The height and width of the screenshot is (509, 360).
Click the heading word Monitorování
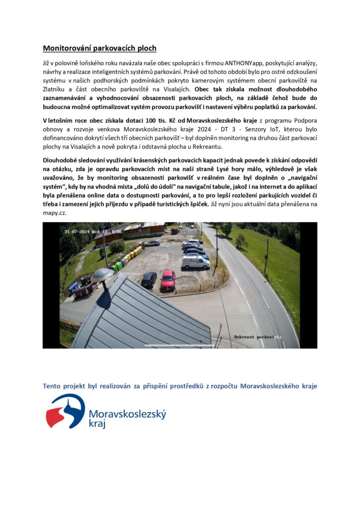click(x=65, y=48)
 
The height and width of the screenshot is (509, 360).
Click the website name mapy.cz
click(x=54, y=212)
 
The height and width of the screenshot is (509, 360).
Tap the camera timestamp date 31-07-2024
click(x=78, y=231)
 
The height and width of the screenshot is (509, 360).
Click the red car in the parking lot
click(x=168, y=280)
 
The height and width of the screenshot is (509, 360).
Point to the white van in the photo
click(x=195, y=262)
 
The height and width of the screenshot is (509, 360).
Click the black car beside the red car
click(x=149, y=280)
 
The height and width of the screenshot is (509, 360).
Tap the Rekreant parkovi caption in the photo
click(x=254, y=337)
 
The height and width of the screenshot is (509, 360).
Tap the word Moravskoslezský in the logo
click(x=127, y=414)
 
